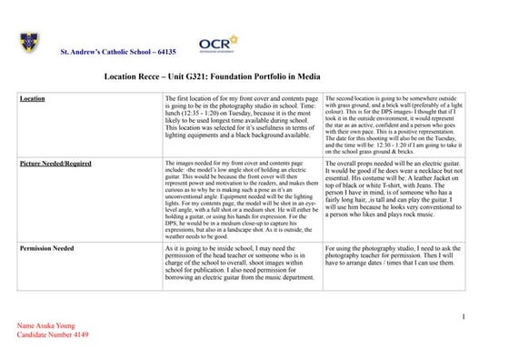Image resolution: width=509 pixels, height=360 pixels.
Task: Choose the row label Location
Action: tap(33, 98)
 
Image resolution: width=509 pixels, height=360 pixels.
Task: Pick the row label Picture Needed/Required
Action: tap(55, 164)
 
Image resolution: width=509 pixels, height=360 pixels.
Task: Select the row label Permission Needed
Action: tap(48, 246)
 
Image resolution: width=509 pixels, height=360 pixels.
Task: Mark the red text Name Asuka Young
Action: tap(47, 325)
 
